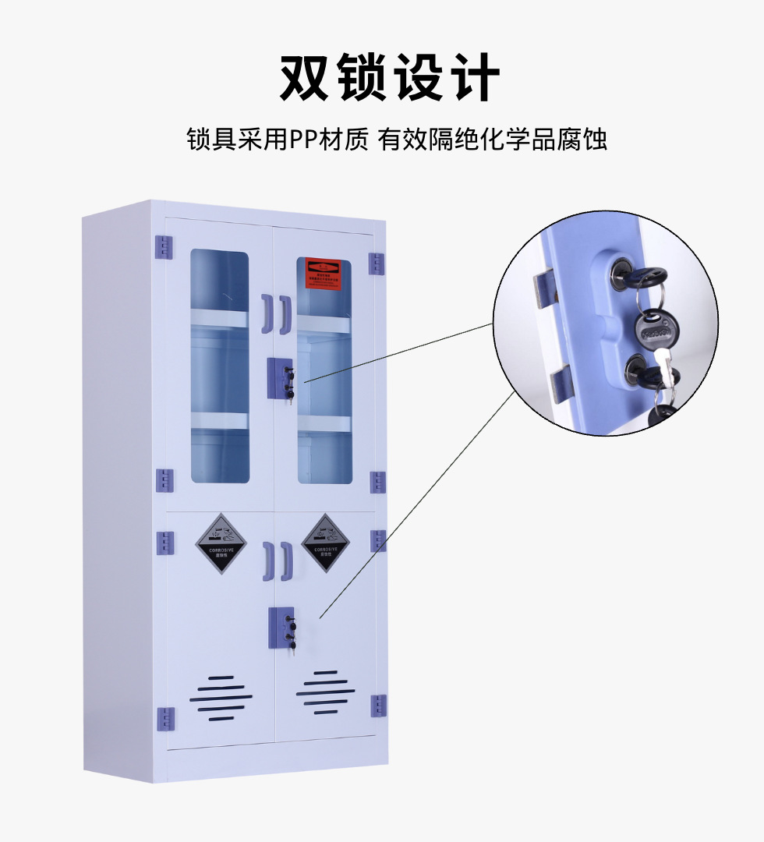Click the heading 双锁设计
click(389, 77)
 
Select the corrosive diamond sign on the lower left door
click(221, 543)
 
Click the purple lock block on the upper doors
click(281, 378)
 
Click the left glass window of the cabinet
click(220, 366)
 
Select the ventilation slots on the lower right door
click(325, 692)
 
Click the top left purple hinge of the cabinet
click(164, 246)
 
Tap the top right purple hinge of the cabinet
click(377, 263)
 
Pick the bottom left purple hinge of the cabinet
click(165, 718)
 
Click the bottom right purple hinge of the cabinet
click(379, 706)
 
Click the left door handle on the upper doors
click(267, 313)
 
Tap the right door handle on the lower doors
click(286, 561)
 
